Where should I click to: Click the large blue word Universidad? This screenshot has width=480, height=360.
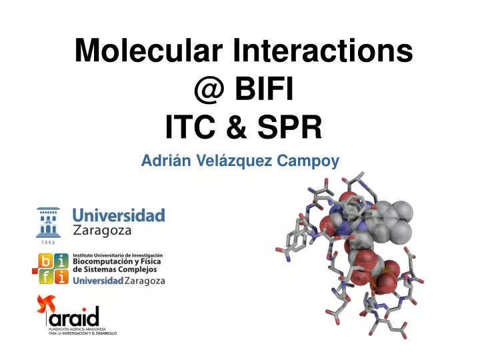click(x=118, y=215)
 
